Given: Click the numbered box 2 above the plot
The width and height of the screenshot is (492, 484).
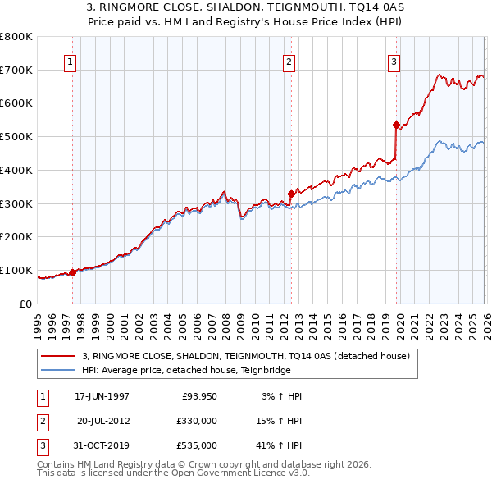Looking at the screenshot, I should click(289, 62).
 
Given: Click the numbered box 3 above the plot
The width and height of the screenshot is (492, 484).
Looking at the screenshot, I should click(394, 62).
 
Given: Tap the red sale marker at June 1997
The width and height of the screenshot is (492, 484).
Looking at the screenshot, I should click(73, 272).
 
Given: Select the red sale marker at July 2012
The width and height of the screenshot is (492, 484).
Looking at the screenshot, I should click(291, 194).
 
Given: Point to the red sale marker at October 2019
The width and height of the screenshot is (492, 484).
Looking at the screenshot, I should click(396, 126).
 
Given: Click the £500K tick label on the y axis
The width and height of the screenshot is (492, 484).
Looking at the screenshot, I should click(16, 137).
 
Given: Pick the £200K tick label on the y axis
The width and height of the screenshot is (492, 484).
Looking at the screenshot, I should click(16, 237).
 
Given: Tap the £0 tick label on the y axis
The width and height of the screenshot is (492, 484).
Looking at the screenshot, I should click(25, 304).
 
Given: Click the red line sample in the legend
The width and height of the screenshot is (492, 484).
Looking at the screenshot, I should click(58, 356).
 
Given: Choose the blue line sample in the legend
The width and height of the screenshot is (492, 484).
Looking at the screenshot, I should click(58, 370).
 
